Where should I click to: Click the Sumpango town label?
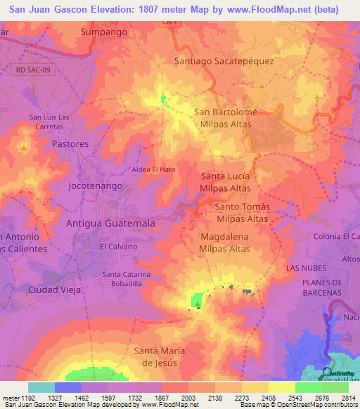(x=104, y=32)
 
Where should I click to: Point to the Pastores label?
(x=70, y=143)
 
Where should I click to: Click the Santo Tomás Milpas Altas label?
(x=242, y=212)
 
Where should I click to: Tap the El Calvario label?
(x=118, y=247)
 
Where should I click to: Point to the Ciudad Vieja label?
(x=55, y=290)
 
